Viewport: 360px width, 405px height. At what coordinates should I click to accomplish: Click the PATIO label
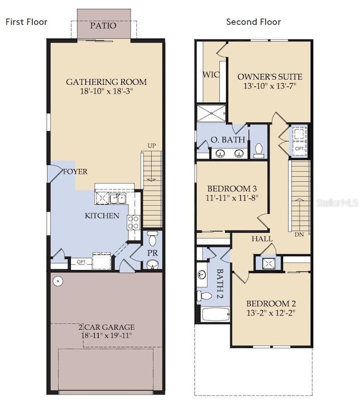pos(104,26)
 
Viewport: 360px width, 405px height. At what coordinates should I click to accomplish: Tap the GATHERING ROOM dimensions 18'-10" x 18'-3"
pos(106,91)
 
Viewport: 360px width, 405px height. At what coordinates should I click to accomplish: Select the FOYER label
pos(75,172)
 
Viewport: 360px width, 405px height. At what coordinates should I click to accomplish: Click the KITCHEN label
pos(101,215)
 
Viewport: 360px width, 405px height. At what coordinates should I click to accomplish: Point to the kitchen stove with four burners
pos(133,223)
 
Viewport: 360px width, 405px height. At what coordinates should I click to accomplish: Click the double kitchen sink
pos(116,198)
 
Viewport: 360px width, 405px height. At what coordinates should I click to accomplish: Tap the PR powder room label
pos(152,253)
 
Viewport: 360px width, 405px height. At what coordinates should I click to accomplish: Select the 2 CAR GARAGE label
pos(106,327)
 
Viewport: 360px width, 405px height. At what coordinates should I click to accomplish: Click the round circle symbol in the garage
pos(56,281)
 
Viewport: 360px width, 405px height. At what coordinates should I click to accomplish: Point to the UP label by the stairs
pos(152,146)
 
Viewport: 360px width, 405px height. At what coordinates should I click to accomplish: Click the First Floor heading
pos(27,22)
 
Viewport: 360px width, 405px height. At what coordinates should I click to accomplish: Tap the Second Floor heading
pos(253,22)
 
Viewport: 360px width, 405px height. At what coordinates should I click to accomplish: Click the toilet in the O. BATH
pos(259,150)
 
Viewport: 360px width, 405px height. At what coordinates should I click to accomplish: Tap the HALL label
pos(261,239)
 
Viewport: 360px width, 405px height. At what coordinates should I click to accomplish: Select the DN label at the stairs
pos(299,234)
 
